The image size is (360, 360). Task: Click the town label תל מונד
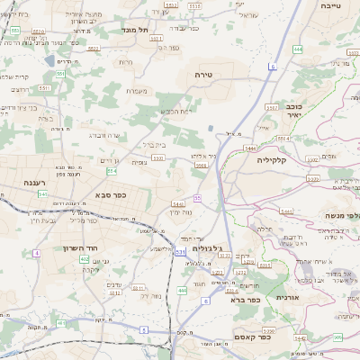[x=140, y=30]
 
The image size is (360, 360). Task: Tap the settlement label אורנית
[x=287, y=296]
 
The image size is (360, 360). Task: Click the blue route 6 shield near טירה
[x=272, y=67]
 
